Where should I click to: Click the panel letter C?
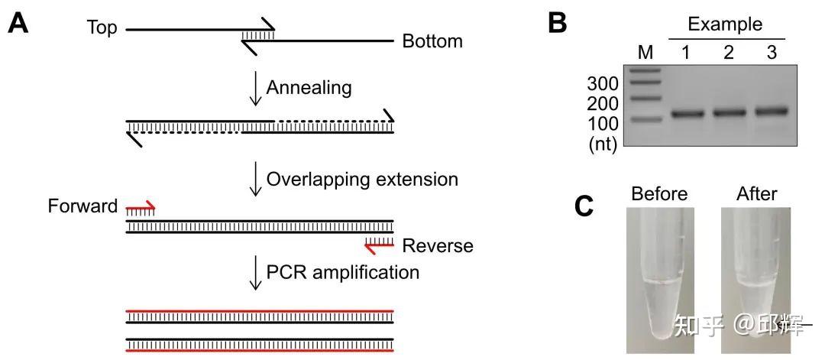click(584, 206)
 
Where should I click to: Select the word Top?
click(102, 28)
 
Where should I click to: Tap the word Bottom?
click(432, 41)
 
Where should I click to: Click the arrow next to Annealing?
click(254, 89)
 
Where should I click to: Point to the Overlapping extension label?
click(362, 180)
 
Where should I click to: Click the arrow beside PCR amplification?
click(254, 273)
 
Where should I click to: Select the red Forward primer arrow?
click(141, 207)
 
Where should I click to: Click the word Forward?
click(82, 206)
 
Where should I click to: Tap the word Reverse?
click(438, 246)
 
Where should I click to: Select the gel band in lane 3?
click(771, 112)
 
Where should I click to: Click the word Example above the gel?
click(725, 24)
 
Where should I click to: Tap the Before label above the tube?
click(659, 194)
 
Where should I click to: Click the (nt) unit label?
click(603, 143)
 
